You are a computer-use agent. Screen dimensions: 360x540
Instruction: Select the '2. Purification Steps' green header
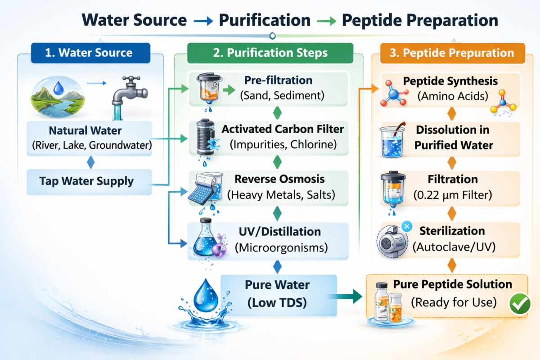(270, 53)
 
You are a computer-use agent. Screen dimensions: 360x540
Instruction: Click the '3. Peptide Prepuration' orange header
(452, 53)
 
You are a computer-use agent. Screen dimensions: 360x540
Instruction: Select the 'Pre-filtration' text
(278, 81)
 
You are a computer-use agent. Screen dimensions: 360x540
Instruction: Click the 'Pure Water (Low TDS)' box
(277, 294)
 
